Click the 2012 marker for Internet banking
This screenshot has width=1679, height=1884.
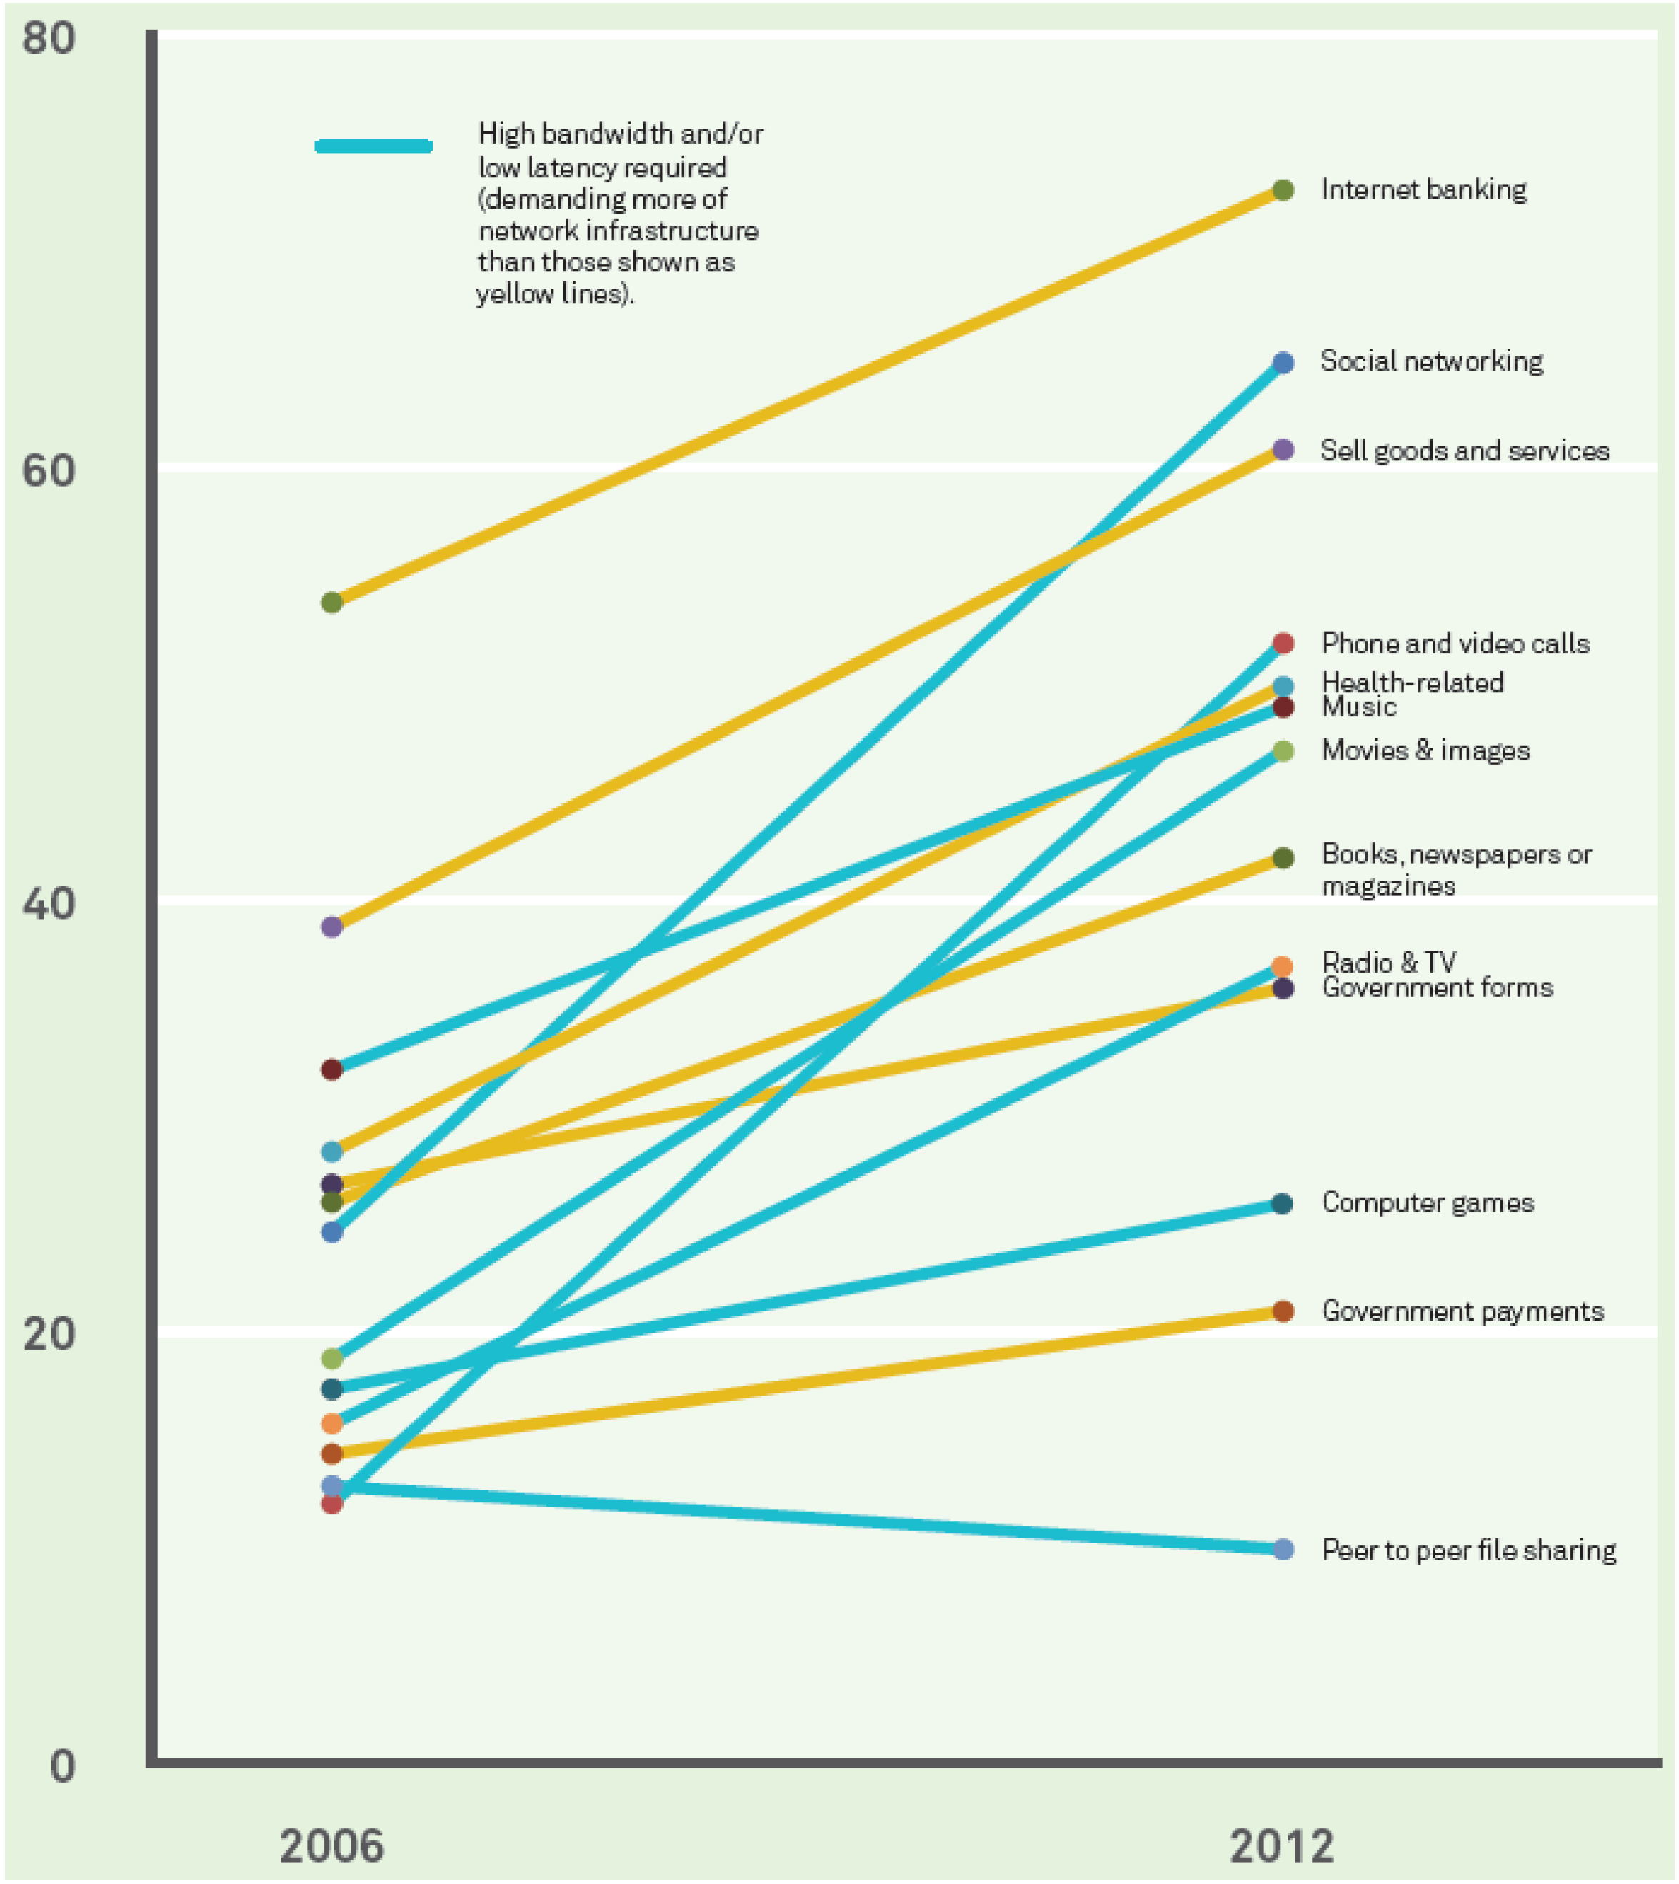pyautogui.click(x=1283, y=191)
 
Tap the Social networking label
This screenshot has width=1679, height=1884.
pyautogui.click(x=1431, y=361)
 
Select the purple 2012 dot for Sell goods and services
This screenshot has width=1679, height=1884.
pyautogui.click(x=1283, y=450)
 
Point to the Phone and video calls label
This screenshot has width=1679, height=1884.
pyautogui.click(x=1455, y=643)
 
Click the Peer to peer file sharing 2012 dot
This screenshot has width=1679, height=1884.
pyautogui.click(x=1283, y=1549)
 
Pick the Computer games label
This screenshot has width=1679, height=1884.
pyautogui.click(x=1427, y=1202)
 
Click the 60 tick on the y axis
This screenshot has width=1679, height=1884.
pyautogui.click(x=48, y=471)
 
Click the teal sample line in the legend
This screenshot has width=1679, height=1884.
pyautogui.click(x=374, y=146)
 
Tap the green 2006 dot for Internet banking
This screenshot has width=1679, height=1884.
pyautogui.click(x=332, y=603)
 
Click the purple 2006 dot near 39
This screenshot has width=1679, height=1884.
pyautogui.click(x=332, y=926)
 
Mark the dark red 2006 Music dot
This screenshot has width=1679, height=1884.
pyautogui.click(x=332, y=1069)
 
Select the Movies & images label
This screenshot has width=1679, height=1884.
pyautogui.click(x=1425, y=750)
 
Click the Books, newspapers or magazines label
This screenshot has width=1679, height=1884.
pyautogui.click(x=1455, y=869)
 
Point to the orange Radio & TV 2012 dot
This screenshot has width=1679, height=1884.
pyautogui.click(x=1283, y=966)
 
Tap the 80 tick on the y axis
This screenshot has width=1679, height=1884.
pyautogui.click(x=48, y=39)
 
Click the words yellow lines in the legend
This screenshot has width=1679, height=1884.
pyautogui.click(x=553, y=294)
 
